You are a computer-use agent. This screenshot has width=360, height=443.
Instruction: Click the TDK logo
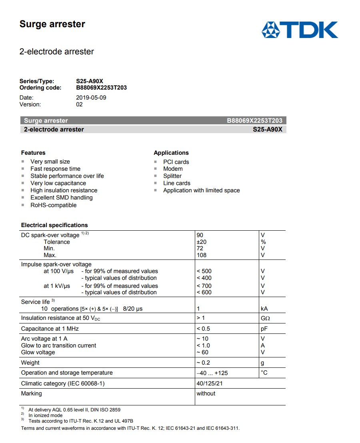pos(300,30)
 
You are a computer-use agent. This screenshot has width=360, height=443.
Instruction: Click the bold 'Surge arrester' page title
pos(52,24)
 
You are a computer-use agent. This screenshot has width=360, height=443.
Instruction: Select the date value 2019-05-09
pos(91,98)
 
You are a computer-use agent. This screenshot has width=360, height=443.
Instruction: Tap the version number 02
pos(79,104)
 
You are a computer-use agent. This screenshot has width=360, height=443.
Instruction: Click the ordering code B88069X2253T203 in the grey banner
pos(254,121)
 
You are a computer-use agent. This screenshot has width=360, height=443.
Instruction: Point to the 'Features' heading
pos(33,153)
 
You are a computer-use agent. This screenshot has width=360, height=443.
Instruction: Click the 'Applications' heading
pos(171,153)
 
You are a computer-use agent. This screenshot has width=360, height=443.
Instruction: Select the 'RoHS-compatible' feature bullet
pos(53,205)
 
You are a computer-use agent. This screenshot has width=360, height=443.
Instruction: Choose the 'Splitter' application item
pos(172,176)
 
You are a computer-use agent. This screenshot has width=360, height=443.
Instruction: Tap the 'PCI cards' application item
pos(176,162)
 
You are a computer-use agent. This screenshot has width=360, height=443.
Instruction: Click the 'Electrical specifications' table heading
pos(54,225)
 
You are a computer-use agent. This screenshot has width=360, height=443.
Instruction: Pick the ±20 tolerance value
pos(202,242)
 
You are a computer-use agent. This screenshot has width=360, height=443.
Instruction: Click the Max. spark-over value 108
pos(202,255)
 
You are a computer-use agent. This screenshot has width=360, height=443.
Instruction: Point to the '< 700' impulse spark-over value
pos(204,286)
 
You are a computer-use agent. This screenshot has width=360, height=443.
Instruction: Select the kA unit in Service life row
pos(264,309)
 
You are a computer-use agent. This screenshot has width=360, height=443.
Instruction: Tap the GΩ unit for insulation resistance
pos(265,318)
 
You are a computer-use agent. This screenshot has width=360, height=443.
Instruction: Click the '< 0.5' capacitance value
pos(203,329)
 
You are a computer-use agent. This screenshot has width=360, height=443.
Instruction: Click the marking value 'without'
pos(206,393)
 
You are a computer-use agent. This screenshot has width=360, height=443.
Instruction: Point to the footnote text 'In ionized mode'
pos(45,415)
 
